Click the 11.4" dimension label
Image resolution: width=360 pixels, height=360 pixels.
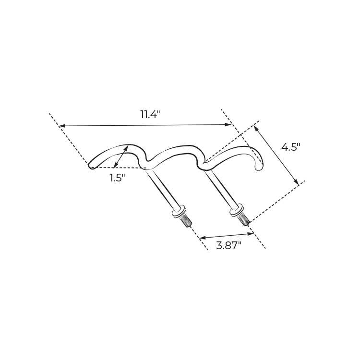(150, 114)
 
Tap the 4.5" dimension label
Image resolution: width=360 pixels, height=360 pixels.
(291, 147)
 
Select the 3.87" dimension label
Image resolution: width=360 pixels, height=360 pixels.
(228, 246)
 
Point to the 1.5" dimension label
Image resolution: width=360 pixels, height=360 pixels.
(117, 178)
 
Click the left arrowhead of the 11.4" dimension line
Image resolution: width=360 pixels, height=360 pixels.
(62, 126)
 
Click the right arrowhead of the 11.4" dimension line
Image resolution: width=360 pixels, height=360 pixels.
(228, 125)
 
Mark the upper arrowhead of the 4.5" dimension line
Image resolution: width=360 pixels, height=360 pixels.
(255, 128)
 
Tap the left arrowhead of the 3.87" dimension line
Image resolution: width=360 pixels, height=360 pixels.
(203, 238)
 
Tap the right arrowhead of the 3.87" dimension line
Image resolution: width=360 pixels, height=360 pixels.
(251, 234)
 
